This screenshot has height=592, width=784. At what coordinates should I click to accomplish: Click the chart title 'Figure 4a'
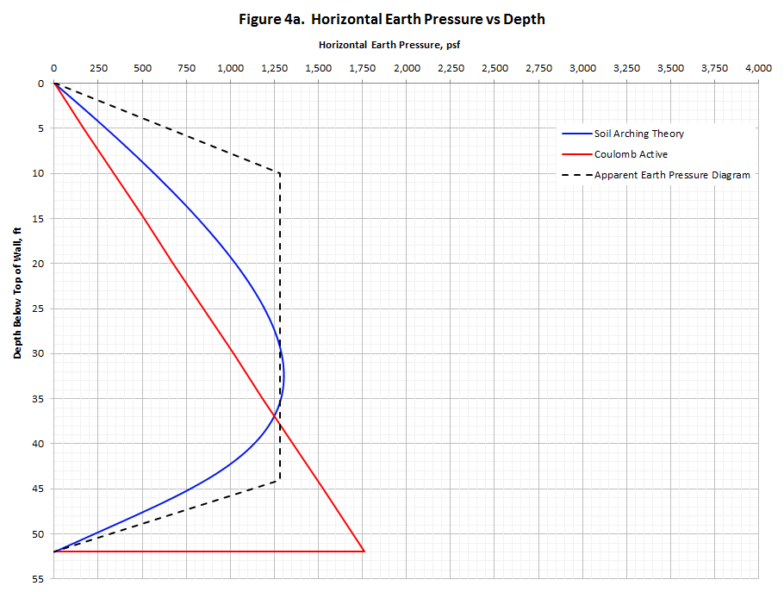(x=391, y=19)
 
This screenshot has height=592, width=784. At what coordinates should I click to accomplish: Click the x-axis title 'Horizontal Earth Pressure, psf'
(x=392, y=44)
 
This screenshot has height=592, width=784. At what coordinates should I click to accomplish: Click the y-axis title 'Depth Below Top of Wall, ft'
(x=16, y=293)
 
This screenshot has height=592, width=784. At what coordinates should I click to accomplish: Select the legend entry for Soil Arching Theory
(x=638, y=134)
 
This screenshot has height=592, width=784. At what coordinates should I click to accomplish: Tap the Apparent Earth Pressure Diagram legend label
(x=672, y=175)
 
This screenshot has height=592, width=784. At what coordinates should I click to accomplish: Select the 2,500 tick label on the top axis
(x=495, y=68)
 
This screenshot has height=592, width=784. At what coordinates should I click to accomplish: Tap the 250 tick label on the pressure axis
(x=98, y=68)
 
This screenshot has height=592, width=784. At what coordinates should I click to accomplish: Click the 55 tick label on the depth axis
(x=38, y=578)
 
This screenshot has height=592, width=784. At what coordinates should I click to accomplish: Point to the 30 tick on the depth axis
(x=38, y=353)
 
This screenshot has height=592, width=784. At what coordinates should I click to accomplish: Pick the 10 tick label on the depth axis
(x=38, y=173)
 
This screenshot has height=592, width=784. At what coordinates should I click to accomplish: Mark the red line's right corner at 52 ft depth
(x=364, y=551)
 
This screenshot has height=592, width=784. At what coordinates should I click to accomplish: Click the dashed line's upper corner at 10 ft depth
(x=279, y=173)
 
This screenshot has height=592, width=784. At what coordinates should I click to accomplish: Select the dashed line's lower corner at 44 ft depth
(x=279, y=480)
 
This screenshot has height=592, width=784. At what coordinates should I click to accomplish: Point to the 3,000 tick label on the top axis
(x=582, y=68)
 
